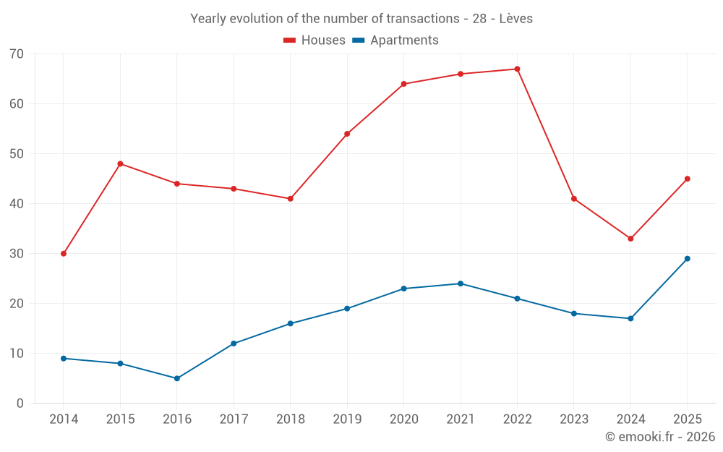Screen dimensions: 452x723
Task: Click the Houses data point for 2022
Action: pos(517,69)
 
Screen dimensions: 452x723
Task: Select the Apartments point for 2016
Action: pos(177,378)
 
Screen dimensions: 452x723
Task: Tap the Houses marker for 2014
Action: pos(64,254)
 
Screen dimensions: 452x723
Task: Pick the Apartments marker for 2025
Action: pos(687,259)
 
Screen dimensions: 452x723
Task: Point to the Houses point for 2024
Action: pos(630,239)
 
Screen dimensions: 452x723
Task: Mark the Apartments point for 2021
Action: pos(461,283)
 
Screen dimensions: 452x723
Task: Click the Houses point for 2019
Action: pos(347,134)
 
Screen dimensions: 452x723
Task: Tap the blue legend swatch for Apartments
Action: pos(358,40)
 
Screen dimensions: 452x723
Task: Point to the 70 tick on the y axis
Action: pos(17,54)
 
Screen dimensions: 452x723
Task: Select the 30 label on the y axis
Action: pos(17,254)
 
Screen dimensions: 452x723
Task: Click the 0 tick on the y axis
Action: pos(20,404)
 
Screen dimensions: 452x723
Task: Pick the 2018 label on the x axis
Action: pos(290,419)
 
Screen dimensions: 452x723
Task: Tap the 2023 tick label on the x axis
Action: pos(573,419)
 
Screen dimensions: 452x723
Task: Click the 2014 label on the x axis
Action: pos(64,419)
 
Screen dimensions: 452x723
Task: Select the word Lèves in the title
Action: pos(515,19)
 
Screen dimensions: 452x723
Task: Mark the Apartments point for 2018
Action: pos(290,323)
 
